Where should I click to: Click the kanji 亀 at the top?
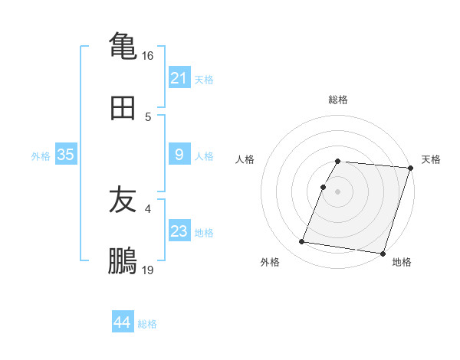(123, 44)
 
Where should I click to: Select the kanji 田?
(123, 108)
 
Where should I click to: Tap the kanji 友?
(123, 200)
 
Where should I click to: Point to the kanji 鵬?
(123, 262)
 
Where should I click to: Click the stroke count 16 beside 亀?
(148, 55)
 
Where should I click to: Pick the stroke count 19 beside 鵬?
(148, 270)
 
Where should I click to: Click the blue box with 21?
(179, 78)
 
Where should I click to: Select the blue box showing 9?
(179, 155)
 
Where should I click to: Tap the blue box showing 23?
(179, 231)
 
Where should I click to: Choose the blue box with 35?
(66, 155)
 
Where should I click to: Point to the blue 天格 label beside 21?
(204, 80)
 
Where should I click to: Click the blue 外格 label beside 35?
(41, 156)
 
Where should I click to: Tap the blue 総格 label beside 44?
(147, 324)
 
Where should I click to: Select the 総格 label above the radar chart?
(337, 100)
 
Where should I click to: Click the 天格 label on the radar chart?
(431, 159)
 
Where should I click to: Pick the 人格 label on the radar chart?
(245, 159)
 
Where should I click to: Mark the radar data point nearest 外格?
(301, 242)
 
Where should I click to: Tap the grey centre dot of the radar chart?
(337, 191)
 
